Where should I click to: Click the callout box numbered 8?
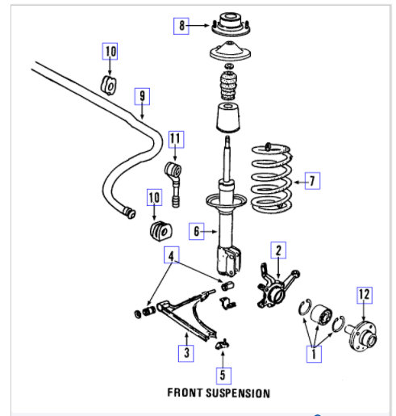[x=181, y=26]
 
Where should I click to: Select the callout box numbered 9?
[x=142, y=96]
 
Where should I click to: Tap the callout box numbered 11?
[x=177, y=139]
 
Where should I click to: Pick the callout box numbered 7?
[x=312, y=181]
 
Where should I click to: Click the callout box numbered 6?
[x=197, y=231]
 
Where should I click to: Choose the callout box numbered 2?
[x=278, y=250]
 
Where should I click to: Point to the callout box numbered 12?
[x=365, y=296]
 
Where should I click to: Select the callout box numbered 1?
[x=314, y=354]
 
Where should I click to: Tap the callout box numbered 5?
[x=223, y=376]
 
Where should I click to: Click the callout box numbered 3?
[x=186, y=353]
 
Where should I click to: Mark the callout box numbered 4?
[x=172, y=254]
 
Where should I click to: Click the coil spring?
[x=272, y=177]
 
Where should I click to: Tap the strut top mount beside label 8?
[x=231, y=27]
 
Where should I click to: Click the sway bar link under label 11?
[x=174, y=184]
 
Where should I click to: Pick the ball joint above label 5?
[x=223, y=344]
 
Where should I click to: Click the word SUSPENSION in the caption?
[x=238, y=393]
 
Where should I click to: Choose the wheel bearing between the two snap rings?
[x=321, y=314]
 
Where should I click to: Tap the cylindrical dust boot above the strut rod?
[x=228, y=117]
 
